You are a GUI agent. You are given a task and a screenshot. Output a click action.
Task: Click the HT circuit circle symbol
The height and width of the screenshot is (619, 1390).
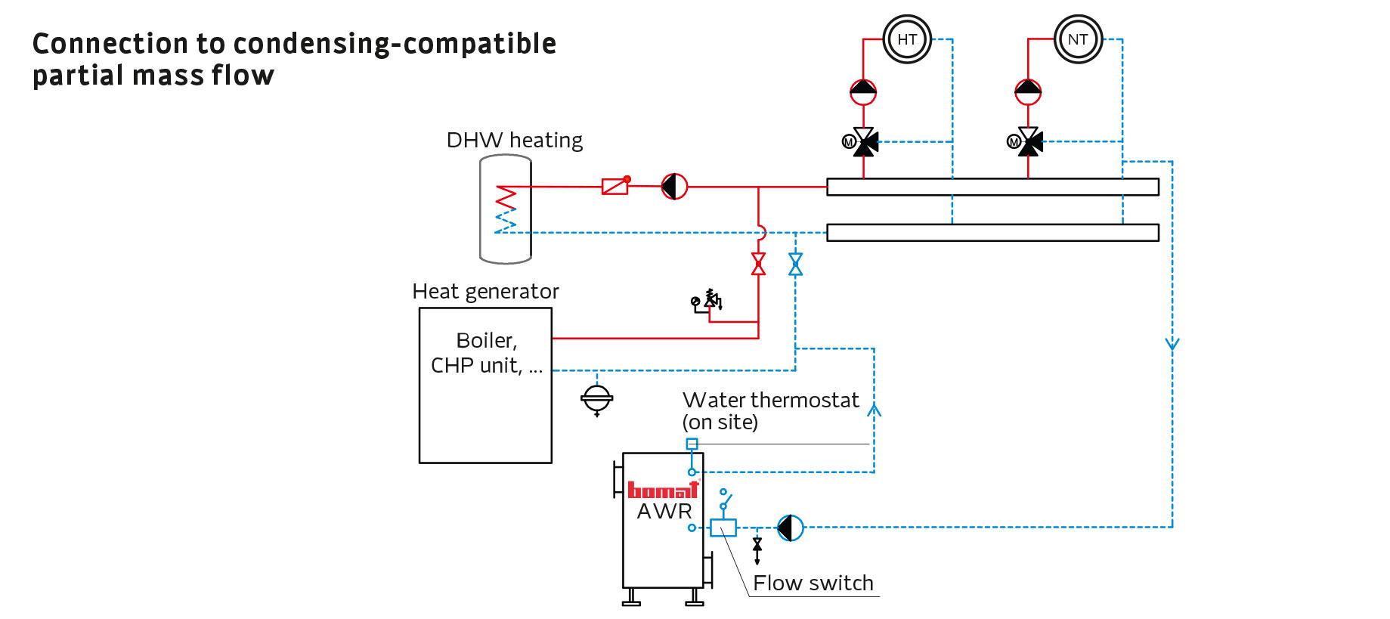coord(907,39)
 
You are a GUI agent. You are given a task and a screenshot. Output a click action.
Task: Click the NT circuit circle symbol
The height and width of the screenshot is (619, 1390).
coord(1078,39)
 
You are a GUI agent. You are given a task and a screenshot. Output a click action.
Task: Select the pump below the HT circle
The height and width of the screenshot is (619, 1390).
coord(863,92)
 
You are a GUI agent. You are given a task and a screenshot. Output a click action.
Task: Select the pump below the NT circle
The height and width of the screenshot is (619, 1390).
coord(1028,92)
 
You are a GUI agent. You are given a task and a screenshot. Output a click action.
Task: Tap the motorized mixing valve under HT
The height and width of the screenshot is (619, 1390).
coord(864,141)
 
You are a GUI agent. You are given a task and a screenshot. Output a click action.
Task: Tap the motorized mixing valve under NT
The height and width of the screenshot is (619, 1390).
coord(1029,141)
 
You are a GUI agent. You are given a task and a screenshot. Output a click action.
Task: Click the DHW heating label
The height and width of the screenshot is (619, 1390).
coord(514,141)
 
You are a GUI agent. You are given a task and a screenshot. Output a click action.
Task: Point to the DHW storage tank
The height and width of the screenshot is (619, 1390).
coord(506,209)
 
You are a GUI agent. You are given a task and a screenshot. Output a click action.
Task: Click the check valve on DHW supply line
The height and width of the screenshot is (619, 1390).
coord(615,185)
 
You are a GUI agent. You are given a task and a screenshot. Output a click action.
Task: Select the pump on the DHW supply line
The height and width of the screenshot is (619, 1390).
coord(674,186)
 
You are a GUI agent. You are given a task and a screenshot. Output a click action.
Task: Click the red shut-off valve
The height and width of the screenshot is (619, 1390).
coord(758,264)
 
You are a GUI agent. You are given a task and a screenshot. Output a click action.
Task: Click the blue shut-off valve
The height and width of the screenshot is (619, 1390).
coord(795,264)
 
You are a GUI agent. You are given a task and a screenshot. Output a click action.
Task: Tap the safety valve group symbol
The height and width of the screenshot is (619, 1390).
coord(708,301)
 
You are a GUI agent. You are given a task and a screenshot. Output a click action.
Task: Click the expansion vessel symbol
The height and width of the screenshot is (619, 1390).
coord(596,398)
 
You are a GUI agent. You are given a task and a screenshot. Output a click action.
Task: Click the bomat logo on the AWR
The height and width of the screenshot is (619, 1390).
coord(663,490)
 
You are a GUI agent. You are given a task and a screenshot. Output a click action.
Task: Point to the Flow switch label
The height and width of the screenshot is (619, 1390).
coord(813,583)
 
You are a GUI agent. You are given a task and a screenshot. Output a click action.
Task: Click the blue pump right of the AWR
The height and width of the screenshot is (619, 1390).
coord(791,528)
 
